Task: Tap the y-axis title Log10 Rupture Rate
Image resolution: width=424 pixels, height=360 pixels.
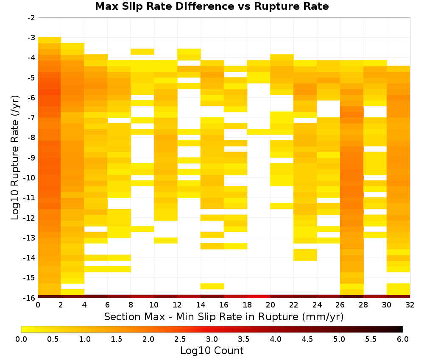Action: coord(15,158)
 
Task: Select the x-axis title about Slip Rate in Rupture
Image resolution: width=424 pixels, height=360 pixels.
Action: coord(224,316)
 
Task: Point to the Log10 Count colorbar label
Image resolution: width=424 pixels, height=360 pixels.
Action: coord(212,351)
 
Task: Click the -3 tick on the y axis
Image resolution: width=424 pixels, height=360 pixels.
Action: coord(31,38)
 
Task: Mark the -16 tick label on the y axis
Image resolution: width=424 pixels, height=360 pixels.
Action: coord(30,298)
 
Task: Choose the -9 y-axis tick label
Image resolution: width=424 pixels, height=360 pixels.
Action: coord(31,158)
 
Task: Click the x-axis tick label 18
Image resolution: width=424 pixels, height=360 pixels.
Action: coord(247,305)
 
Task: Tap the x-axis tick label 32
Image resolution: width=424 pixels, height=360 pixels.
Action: coord(410,305)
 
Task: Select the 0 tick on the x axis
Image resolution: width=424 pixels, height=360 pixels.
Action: coord(38,305)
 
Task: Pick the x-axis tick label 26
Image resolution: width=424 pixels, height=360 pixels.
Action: coord(340,305)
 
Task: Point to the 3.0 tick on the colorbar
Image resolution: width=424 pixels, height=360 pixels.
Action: coord(212,339)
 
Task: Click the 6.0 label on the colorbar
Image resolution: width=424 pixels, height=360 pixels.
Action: coord(403,339)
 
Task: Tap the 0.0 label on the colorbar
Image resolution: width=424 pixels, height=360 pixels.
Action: coord(21,339)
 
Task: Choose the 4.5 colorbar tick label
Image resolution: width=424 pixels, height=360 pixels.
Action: coord(307,339)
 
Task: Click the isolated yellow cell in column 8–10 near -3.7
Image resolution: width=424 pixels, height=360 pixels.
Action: coord(142,52)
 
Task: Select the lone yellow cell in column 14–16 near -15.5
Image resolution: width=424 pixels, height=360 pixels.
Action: coord(212,286)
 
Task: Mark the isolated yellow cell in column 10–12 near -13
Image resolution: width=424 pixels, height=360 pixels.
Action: coord(166,241)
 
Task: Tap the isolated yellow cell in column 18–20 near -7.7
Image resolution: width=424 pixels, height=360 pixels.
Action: coord(259,132)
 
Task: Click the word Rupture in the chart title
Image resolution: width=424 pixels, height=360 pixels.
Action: coord(276,6)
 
